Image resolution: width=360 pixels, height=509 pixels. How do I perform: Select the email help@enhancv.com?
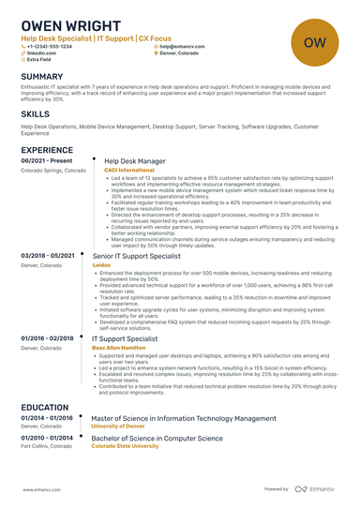tap(184, 46)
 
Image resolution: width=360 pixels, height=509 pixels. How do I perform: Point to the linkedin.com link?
tap(43, 53)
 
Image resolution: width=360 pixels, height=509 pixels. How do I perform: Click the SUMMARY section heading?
tap(42, 77)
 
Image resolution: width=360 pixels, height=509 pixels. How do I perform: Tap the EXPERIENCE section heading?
tap(47, 150)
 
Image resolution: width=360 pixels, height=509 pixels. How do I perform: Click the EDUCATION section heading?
tap(44, 408)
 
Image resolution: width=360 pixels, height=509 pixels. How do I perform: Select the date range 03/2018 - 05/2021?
tap(47, 255)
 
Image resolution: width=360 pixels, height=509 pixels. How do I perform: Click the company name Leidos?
tap(101, 264)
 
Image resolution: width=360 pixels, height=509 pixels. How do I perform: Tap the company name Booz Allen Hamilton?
tap(120, 347)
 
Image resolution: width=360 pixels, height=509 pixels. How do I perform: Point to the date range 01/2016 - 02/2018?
tap(47, 337)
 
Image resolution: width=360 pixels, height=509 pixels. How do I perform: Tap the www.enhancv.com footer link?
tap(40, 488)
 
